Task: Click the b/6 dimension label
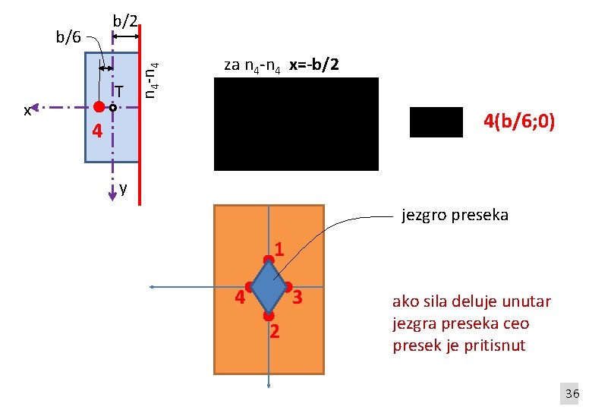point(69,36)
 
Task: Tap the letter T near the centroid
point(119,92)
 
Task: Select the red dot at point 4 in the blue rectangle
point(98,108)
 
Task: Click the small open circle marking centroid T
point(112,108)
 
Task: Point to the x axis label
point(27,111)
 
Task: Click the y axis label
point(123,188)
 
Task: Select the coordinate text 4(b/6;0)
point(520,121)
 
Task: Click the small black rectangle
point(436,122)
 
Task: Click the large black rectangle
point(296,124)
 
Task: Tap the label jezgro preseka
point(455,215)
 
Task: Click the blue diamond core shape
point(268,288)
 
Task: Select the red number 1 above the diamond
point(280,249)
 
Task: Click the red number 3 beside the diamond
point(298,298)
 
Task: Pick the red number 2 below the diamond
point(275,331)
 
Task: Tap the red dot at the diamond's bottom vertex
point(268,314)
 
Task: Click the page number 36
point(572,393)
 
